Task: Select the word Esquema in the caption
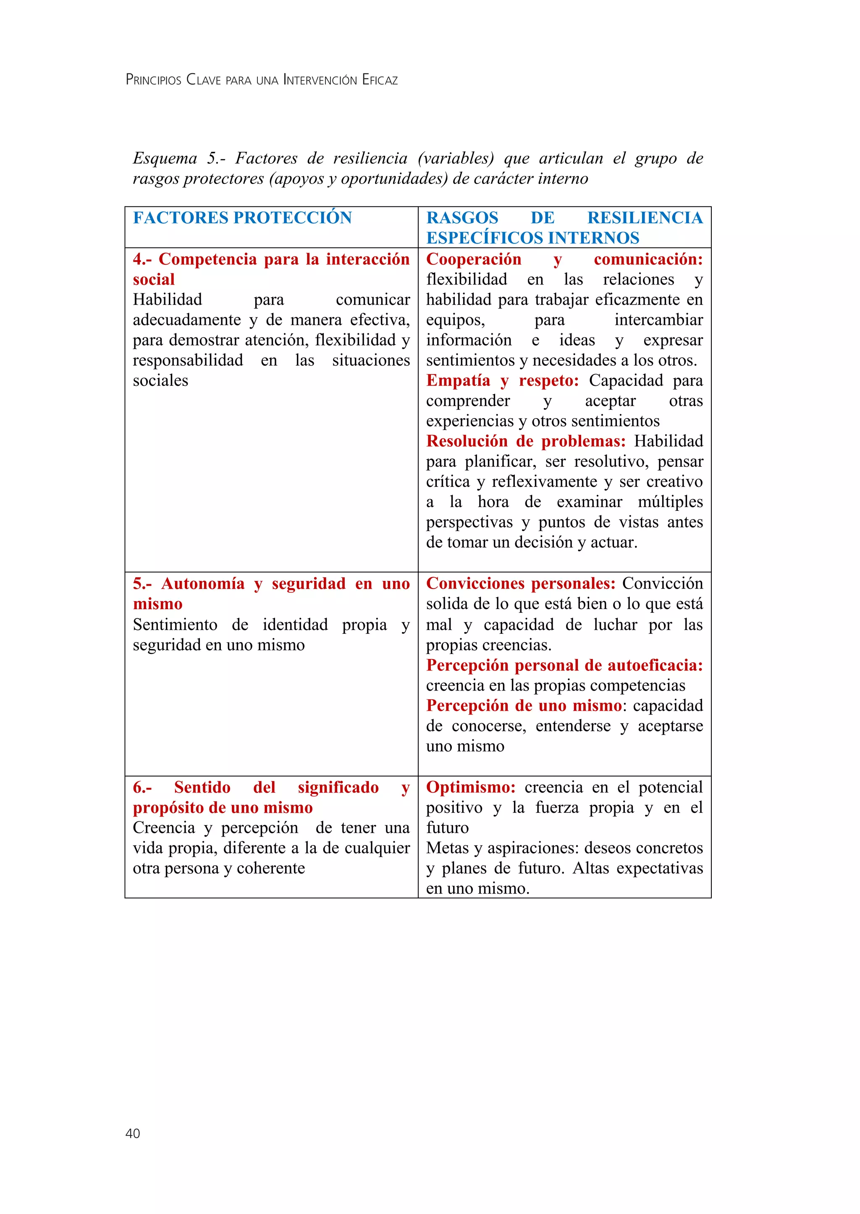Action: (165, 158)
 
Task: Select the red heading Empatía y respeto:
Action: (502, 380)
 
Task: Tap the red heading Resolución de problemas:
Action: (525, 441)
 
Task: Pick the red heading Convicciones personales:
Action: (521, 583)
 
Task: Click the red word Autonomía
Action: (203, 583)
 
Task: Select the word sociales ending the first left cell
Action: (160, 380)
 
